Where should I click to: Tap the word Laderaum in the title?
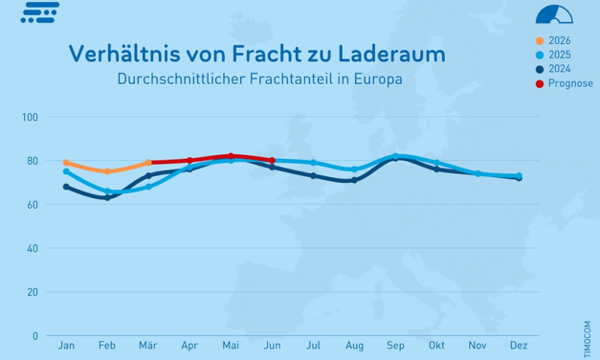point(391,54)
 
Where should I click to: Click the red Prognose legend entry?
point(570,83)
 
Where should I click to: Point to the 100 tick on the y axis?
point(30,118)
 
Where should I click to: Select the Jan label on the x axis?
point(66,345)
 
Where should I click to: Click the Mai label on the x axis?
point(231,345)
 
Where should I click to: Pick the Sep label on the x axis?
point(395,345)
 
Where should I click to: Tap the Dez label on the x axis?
point(519,345)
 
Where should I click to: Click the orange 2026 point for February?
point(107,171)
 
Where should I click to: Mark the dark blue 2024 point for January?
point(66,187)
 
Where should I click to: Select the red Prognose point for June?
point(273,161)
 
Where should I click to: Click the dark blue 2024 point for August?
point(354,180)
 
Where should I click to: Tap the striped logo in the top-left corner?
point(39,12)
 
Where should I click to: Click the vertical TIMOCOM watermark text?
point(586,315)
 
